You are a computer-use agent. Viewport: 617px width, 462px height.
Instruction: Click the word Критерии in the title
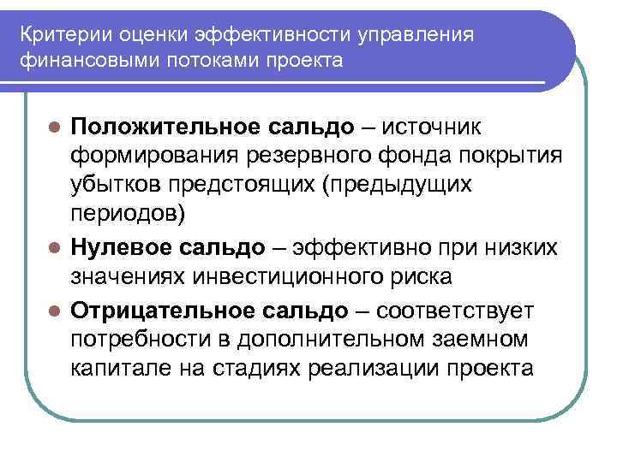(61, 38)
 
